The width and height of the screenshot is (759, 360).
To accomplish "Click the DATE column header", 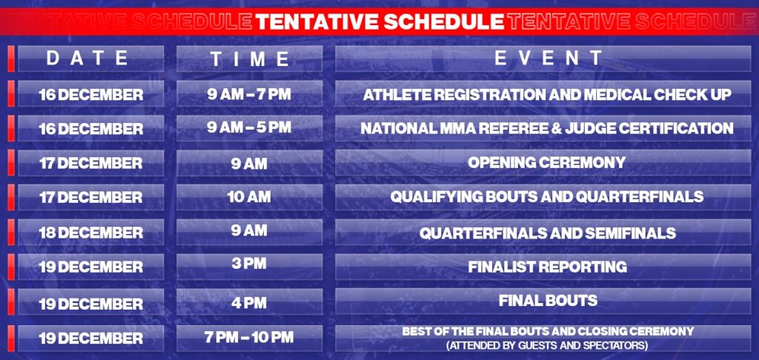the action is (x=87, y=58).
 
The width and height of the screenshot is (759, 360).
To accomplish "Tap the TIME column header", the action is (x=250, y=59).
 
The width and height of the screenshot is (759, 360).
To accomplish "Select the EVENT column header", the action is (x=548, y=58).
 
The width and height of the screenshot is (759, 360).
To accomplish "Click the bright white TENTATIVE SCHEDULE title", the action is (x=379, y=21).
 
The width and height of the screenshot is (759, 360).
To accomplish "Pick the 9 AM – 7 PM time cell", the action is (x=249, y=94).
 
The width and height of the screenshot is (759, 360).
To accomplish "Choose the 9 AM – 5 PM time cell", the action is (x=249, y=127).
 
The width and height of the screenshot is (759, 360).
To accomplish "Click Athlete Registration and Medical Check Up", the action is (x=547, y=94).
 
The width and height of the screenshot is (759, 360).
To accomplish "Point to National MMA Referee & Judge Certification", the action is (x=547, y=128).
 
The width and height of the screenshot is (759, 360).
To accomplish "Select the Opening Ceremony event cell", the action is (x=547, y=162).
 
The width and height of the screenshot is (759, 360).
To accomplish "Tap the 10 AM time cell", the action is (x=249, y=197).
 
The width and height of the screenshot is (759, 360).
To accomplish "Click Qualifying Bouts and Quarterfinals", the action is (x=547, y=196).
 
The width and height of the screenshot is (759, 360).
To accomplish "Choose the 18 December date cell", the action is (x=91, y=233).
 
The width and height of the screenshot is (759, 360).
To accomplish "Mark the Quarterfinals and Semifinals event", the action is (x=548, y=233).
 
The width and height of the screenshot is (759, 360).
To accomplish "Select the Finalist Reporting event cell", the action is (x=548, y=267).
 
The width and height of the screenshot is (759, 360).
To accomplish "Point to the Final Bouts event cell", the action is (x=548, y=301).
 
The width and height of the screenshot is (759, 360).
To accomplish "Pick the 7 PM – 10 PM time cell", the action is (x=249, y=337).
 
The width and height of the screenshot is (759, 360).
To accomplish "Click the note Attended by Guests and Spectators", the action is (x=548, y=345).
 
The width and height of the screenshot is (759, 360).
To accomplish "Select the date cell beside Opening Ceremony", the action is (x=91, y=163).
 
